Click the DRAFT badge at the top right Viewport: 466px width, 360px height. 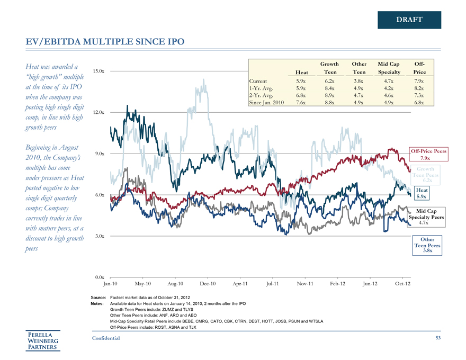pos(409,20)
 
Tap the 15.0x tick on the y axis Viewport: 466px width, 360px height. pos(98,71)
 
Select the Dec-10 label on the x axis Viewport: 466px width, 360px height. pos(208,284)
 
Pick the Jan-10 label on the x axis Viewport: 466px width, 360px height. pos(111,284)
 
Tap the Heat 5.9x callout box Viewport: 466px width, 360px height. pos(422,193)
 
